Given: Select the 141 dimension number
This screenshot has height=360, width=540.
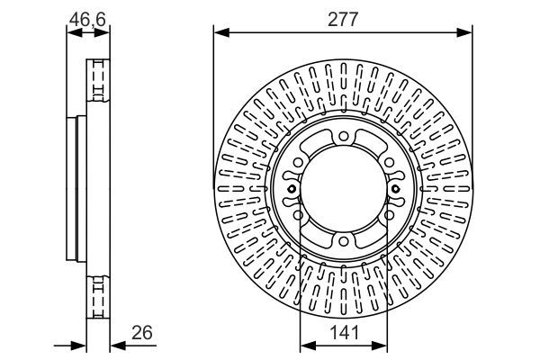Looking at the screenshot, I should (343, 332).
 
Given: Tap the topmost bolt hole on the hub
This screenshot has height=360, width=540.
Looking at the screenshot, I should (343, 137).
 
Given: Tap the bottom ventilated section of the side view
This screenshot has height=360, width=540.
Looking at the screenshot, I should (96, 297).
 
